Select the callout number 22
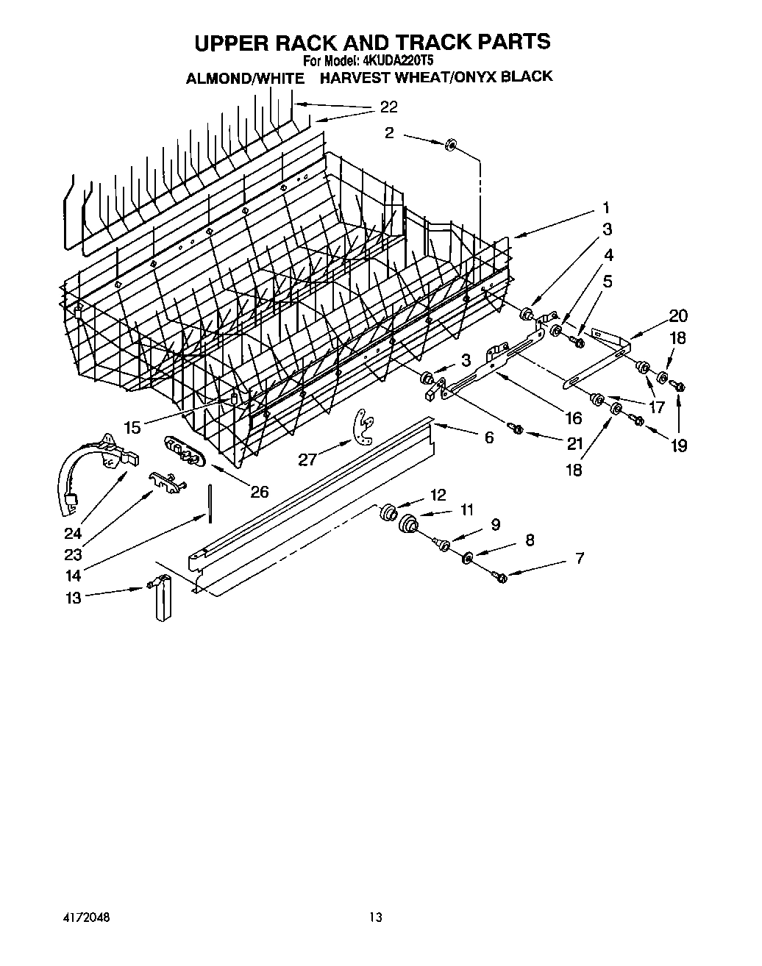click(388, 107)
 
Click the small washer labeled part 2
click(450, 143)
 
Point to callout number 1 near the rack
click(605, 208)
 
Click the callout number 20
click(677, 316)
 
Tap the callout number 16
click(573, 418)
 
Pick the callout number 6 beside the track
click(489, 437)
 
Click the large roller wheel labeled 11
click(408, 524)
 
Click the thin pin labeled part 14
click(210, 504)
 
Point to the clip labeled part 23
click(168, 480)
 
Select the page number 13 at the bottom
click(376, 917)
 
